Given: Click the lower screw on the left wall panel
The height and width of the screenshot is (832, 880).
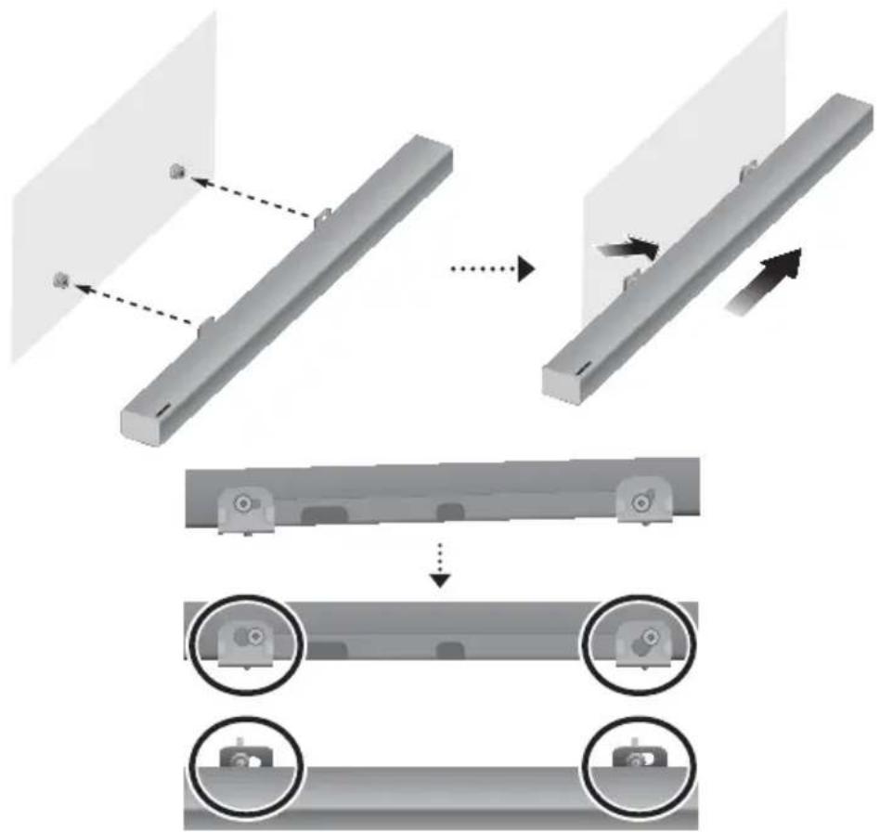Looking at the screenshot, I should click(x=61, y=279).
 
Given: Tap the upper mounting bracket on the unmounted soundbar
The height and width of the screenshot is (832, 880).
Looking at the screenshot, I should click(x=318, y=215).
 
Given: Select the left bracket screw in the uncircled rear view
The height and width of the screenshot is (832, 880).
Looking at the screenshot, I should click(x=241, y=503).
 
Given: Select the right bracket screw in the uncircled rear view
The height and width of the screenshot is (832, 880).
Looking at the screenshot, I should click(x=640, y=502).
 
